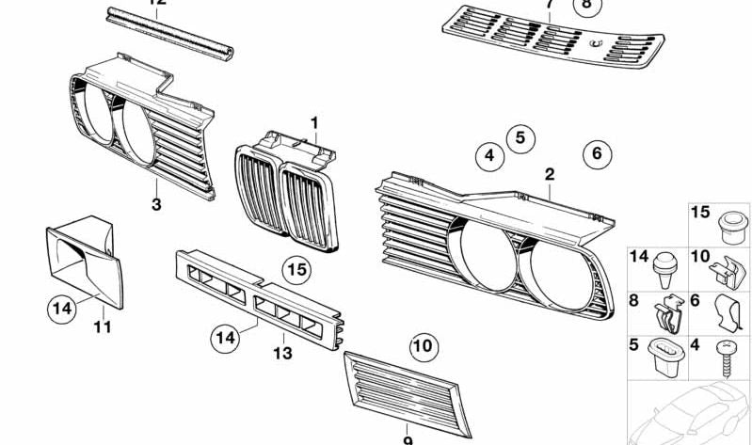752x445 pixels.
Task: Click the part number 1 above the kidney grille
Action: coord(315,122)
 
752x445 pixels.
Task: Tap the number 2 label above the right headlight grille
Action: coord(550,174)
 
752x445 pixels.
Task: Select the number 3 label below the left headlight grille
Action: coord(157,203)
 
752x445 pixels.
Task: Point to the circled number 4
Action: coord(488,155)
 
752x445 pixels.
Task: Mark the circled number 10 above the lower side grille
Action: coord(424,346)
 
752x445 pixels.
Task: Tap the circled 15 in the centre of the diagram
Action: coord(296,271)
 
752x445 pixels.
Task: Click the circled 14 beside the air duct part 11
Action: coord(62,308)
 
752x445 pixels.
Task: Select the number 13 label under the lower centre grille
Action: coord(282,354)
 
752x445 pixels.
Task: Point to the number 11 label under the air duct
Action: coord(103,327)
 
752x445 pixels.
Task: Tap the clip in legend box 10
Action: coord(726,272)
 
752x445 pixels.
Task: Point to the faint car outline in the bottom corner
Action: coord(692,414)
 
